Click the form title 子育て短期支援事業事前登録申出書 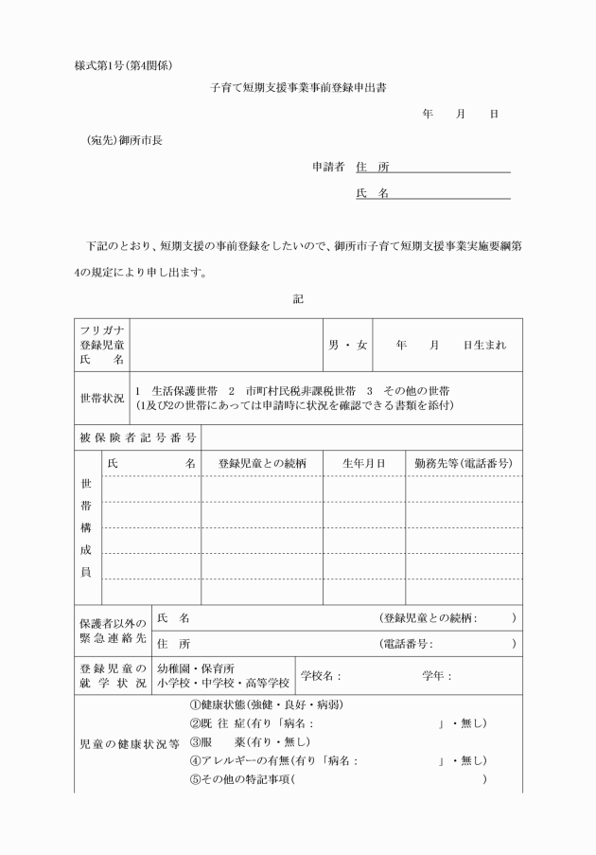point(297,87)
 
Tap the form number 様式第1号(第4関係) point(122,64)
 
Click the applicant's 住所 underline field point(450,168)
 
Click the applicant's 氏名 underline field point(450,193)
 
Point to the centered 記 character point(298,298)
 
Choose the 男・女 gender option point(348,345)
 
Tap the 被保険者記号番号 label point(136,437)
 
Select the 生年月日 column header point(363,464)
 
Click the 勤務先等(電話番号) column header point(464,464)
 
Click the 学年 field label point(436,676)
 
